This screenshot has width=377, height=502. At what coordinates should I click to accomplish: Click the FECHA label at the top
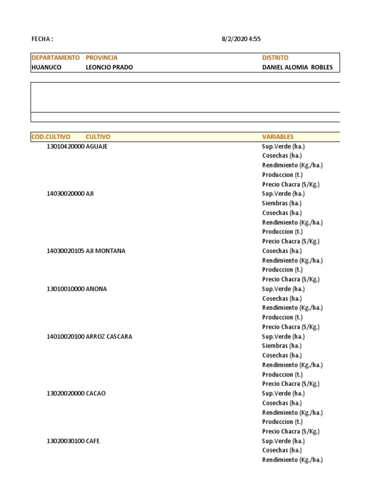42,39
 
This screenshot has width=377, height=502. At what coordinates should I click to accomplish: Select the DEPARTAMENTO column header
55,58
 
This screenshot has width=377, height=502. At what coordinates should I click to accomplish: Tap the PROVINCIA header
102,58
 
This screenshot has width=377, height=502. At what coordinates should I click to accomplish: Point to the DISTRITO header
275,58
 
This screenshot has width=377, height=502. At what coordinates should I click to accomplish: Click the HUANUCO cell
46,68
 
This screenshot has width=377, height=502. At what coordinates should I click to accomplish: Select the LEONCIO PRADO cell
109,68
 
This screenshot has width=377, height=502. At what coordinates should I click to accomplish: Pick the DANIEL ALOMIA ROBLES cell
297,68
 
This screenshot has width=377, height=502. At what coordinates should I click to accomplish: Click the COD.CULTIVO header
51,137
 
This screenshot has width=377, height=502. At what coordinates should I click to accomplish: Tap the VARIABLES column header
278,137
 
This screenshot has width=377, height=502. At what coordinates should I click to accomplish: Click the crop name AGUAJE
97,147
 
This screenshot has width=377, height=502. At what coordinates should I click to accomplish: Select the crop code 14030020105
65,251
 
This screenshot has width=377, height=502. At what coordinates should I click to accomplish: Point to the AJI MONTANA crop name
106,251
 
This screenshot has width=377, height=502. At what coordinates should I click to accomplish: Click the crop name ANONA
96,289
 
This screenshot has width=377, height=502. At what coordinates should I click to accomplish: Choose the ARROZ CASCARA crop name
109,337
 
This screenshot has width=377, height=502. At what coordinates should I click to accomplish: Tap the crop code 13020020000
65,394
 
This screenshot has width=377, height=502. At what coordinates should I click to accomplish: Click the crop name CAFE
93,441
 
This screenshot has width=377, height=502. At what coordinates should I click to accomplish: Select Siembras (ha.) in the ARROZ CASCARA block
282,346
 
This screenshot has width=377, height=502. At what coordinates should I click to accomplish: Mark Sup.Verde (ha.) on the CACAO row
283,394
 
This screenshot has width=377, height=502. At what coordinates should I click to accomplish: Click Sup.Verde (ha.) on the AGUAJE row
283,147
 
